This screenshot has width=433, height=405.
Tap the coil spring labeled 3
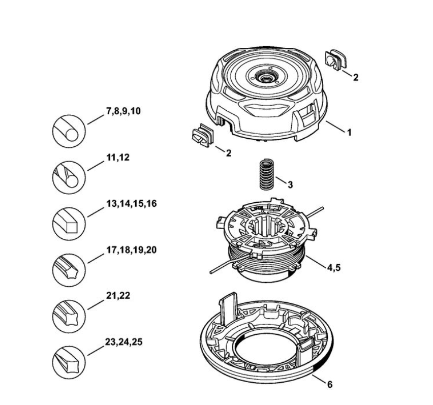click(x=266, y=174)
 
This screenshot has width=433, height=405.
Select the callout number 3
click(x=290, y=185)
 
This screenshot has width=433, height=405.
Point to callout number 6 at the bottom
click(x=329, y=385)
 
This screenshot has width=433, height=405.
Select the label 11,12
click(x=118, y=158)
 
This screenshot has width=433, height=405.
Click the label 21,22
click(x=118, y=296)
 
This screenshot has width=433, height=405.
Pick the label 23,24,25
click(x=124, y=342)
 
